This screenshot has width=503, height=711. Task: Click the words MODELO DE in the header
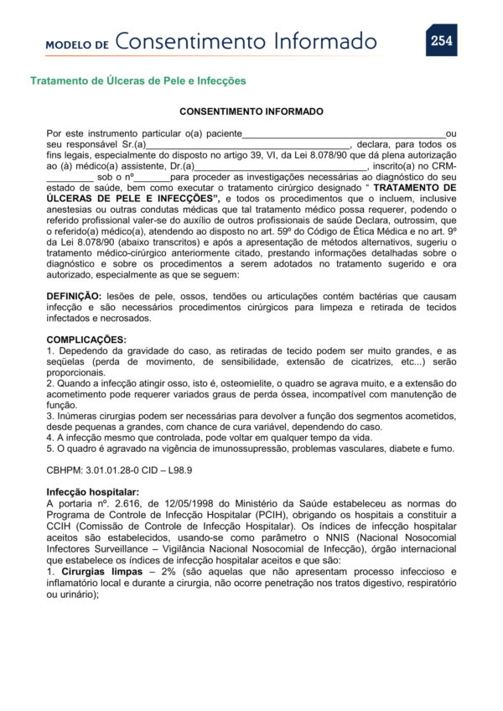pos(77,44)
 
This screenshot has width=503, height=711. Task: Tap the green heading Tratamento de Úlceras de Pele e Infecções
pos(138,81)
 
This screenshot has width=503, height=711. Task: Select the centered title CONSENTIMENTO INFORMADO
pos(251,112)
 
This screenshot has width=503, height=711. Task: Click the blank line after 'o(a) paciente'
pos(344,133)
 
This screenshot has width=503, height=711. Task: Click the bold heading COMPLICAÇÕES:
pos(86,340)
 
